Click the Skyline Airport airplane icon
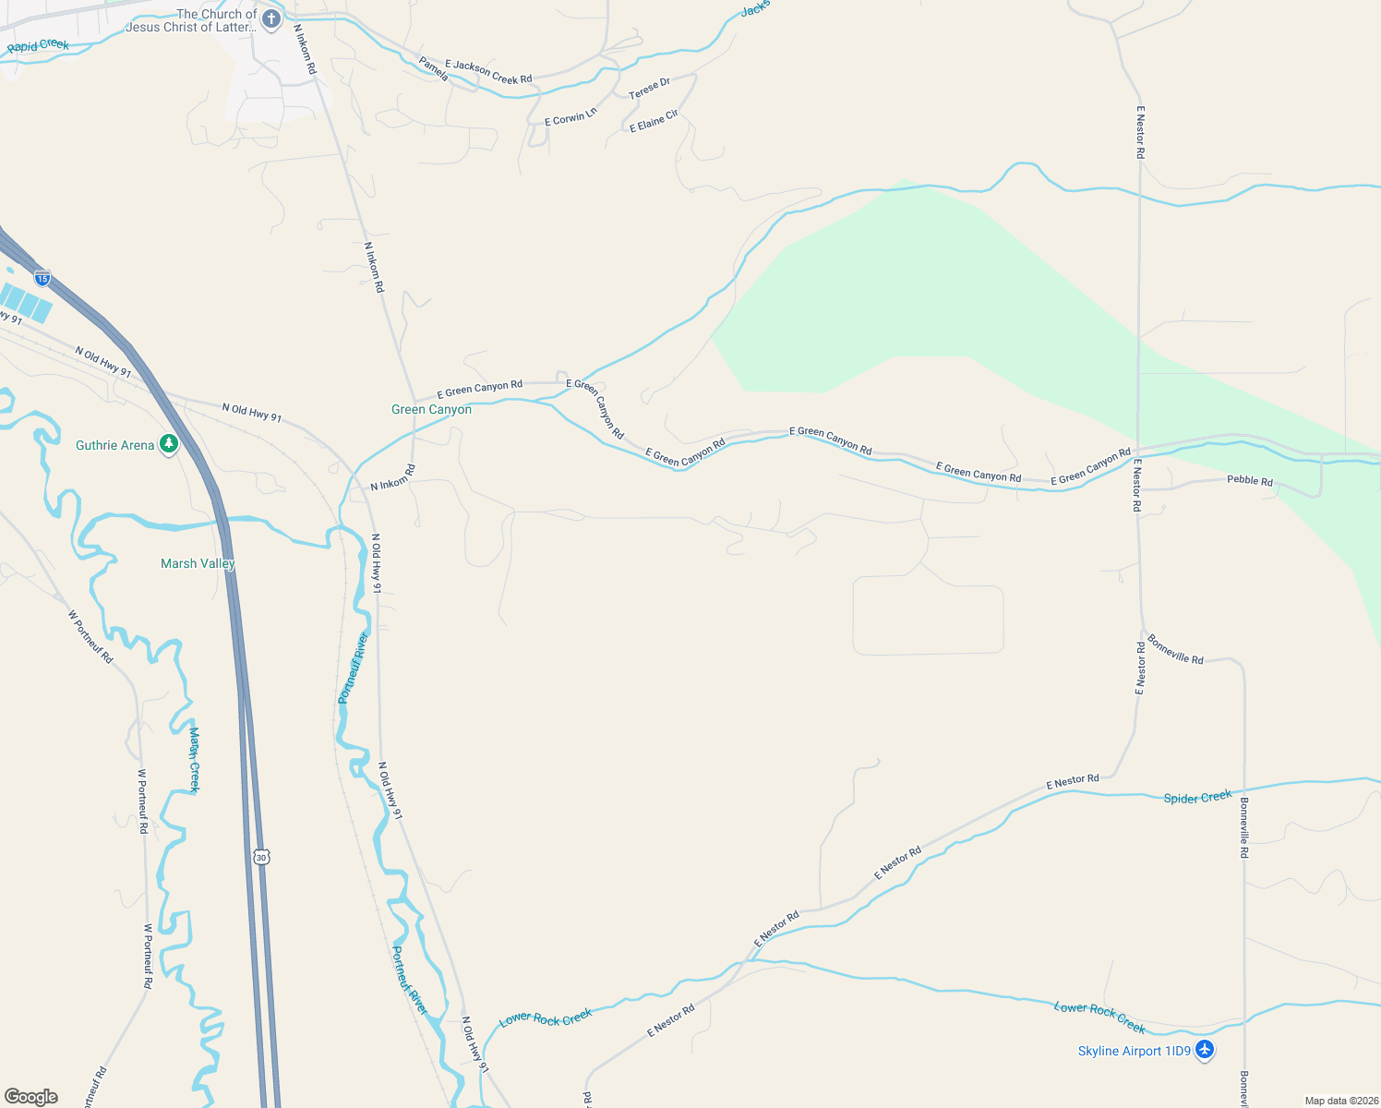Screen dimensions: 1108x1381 (x=1204, y=1050)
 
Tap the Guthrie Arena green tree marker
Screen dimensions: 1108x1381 (x=168, y=444)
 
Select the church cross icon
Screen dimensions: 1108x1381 (x=270, y=19)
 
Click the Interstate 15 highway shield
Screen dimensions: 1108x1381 (x=42, y=277)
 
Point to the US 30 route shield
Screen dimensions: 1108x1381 (x=262, y=857)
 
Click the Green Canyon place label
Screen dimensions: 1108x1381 (x=431, y=409)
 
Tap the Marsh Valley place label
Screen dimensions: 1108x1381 (x=198, y=563)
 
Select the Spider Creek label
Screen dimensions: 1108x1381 (x=1197, y=797)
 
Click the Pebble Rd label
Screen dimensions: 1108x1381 (x=1249, y=480)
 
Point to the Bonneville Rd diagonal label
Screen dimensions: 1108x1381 (x=1175, y=648)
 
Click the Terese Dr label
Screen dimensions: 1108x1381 (x=649, y=89)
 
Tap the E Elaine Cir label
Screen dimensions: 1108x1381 (x=654, y=121)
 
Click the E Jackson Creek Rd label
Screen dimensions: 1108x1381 (x=488, y=72)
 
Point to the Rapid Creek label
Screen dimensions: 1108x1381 (x=38, y=45)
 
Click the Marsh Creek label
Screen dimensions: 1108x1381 (x=194, y=759)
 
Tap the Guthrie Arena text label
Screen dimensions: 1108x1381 (x=114, y=445)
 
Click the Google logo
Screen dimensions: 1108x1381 (x=31, y=1097)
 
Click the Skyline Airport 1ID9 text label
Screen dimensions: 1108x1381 (x=1134, y=1051)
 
